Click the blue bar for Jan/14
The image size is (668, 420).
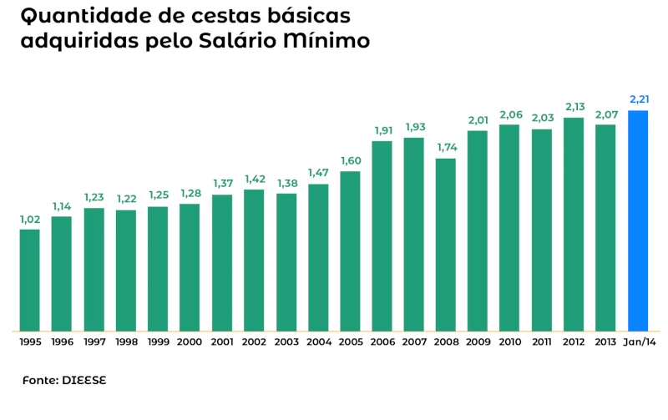638,220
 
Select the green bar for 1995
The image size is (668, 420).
29,280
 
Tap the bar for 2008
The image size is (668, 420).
446,244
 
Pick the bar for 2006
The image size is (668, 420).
382,235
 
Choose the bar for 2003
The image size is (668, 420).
286,261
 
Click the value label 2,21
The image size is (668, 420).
639,100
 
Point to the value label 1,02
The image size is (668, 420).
29,220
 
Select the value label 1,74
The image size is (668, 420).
447,148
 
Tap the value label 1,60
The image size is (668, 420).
351,161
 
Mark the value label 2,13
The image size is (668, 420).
574,107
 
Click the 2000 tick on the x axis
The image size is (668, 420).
190,342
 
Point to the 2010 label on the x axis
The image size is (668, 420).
510,342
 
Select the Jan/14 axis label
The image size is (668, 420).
639,342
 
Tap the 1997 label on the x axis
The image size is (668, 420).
94,342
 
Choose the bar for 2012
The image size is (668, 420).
574,224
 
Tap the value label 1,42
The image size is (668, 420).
254,179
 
